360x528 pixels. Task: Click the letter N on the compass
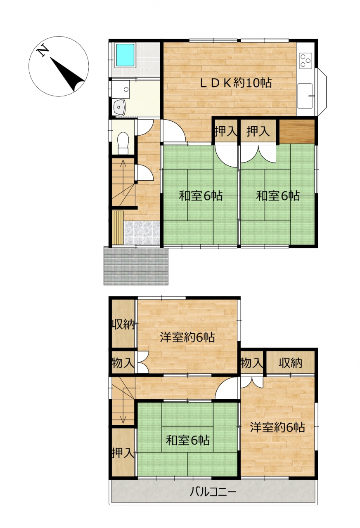[42, 50]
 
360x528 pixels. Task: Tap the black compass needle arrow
[67, 74]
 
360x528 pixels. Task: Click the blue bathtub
[125, 55]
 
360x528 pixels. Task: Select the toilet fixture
[123, 143]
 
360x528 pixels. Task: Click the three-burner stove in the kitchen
[306, 60]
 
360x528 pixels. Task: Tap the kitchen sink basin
[305, 96]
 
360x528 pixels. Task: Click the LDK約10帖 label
[236, 83]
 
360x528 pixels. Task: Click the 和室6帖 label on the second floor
[188, 440]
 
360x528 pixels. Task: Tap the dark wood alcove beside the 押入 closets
[297, 132]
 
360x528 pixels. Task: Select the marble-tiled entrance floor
[142, 233]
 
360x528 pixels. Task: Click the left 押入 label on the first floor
[226, 131]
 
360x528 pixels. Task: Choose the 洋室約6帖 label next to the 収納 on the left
[187, 337]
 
